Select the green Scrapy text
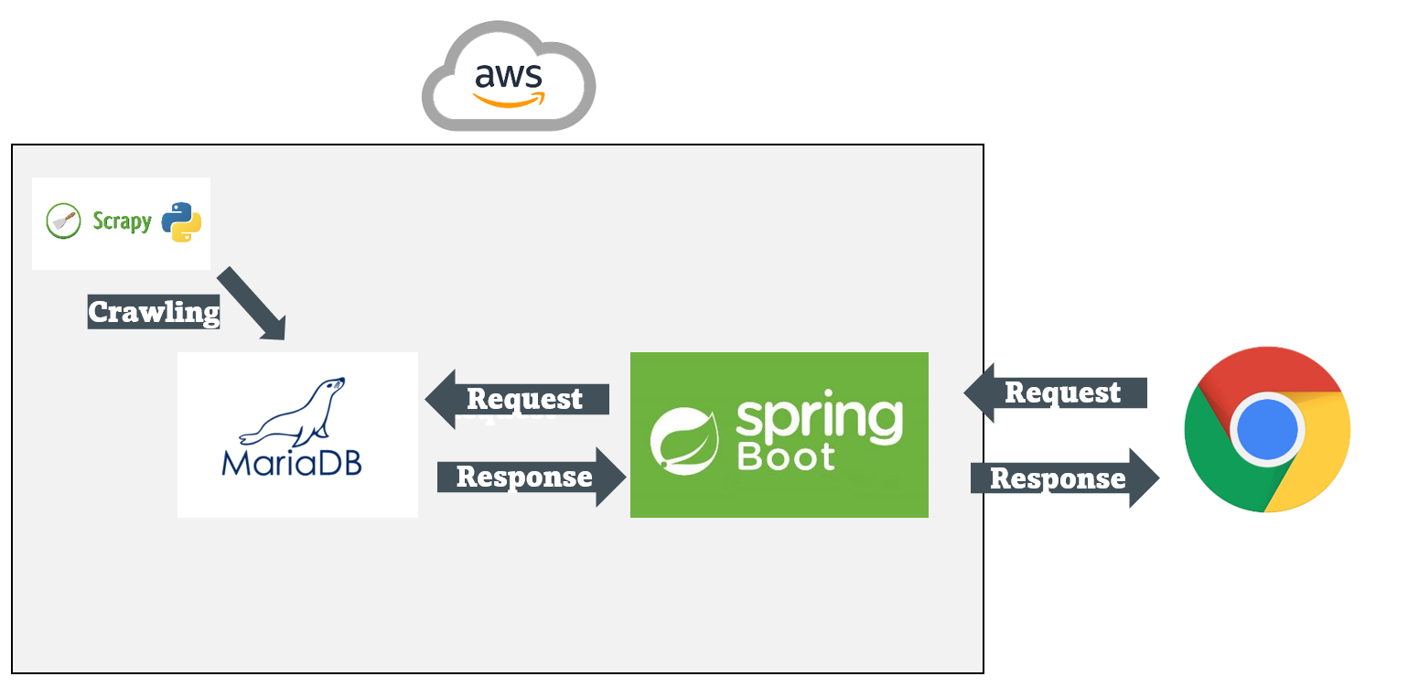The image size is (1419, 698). pos(122,222)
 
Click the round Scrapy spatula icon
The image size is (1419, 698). pos(64,221)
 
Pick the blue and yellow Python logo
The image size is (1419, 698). pos(181,222)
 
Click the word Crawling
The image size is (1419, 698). pos(154,312)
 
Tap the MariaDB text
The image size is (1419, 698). pos(292,461)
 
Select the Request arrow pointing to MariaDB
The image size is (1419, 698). pos(517,400)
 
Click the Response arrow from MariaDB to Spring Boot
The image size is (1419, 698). pos(531,477)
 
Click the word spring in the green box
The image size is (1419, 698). pos(819,418)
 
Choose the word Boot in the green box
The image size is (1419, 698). pos(786,456)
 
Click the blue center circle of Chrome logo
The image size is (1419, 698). pos(1267,429)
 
